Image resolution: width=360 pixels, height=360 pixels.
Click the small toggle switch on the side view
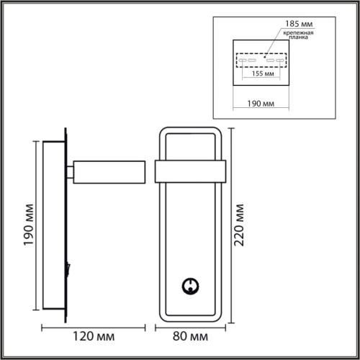click(68, 269)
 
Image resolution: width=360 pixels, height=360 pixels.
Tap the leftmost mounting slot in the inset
click(243, 60)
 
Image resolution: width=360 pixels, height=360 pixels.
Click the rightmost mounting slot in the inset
click(282, 60)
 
